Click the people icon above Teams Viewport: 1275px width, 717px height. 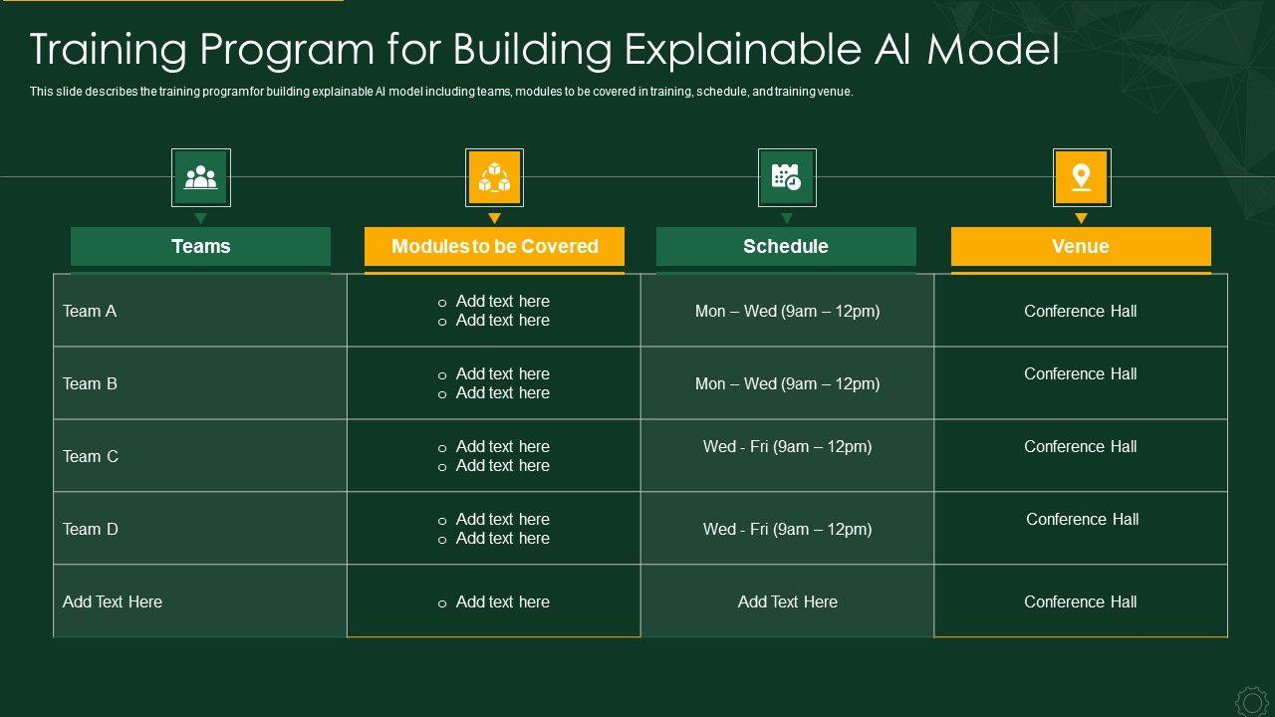tap(201, 177)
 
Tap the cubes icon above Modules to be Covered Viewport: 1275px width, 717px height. tap(494, 177)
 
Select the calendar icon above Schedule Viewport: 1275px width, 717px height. tap(787, 177)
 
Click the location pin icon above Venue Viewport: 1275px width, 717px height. tap(1082, 177)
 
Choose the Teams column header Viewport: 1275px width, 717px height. tap(201, 246)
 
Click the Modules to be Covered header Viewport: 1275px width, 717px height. tap(494, 246)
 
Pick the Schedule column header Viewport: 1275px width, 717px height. tap(786, 246)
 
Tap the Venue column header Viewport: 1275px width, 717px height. tap(1081, 246)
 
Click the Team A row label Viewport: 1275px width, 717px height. tap(90, 312)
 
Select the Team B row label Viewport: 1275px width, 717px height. tap(90, 384)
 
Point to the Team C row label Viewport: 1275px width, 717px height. tap(91, 456)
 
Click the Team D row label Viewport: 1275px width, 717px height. tap(91, 529)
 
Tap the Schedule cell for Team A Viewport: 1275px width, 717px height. tap(787, 312)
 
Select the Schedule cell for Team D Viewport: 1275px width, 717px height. tap(787, 529)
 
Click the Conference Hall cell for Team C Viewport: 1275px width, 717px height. tap(1081, 447)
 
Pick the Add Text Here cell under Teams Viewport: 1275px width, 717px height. tap(113, 602)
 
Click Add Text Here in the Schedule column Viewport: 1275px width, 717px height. tap(788, 602)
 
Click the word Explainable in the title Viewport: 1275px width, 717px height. tap(743, 50)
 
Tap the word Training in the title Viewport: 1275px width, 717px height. tap(109, 50)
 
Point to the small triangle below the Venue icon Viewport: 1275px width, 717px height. tap(1082, 218)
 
